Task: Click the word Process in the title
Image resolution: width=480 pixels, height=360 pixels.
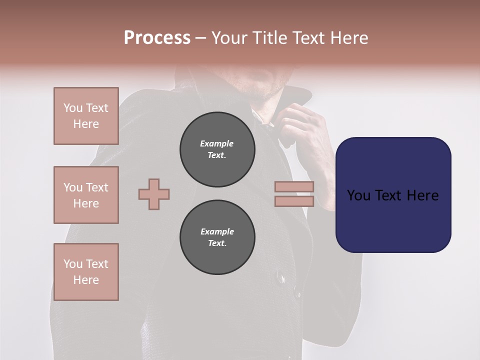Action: click(x=157, y=38)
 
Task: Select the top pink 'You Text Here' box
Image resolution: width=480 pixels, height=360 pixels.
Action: click(x=86, y=116)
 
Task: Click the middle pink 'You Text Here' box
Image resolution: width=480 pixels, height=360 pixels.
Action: click(x=86, y=195)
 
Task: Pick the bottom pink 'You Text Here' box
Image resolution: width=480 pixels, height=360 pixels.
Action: click(x=86, y=272)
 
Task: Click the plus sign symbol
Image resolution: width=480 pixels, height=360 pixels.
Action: click(x=154, y=194)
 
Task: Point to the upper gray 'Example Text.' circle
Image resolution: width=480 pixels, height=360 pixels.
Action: click(x=217, y=149)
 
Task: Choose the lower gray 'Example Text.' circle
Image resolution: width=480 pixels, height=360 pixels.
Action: click(x=217, y=237)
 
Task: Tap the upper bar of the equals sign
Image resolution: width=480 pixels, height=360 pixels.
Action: click(x=294, y=187)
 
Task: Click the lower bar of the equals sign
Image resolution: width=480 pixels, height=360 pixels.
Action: click(x=294, y=201)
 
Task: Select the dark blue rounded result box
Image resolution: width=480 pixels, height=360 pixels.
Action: click(x=393, y=195)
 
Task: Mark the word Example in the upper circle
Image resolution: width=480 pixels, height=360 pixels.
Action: click(x=217, y=143)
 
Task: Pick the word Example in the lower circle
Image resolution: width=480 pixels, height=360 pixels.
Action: click(x=217, y=231)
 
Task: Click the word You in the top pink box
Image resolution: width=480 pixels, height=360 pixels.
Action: click(x=73, y=108)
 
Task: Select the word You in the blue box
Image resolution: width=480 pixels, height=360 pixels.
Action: click(x=358, y=195)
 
